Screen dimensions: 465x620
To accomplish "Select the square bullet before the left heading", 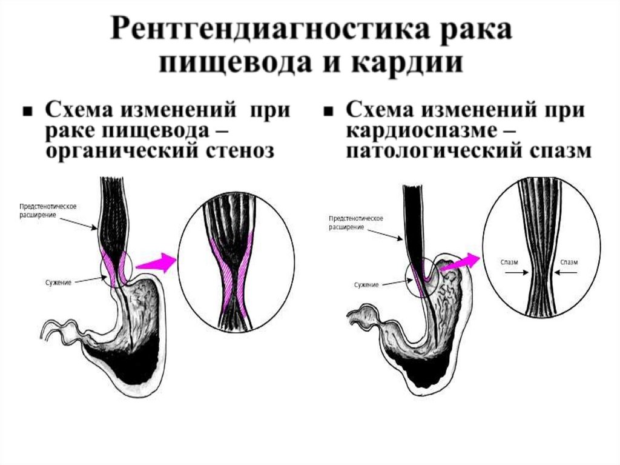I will (27, 113).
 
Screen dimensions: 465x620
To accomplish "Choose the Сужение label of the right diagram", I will (366, 284).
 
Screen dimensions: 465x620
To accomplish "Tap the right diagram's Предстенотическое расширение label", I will (354, 222).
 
